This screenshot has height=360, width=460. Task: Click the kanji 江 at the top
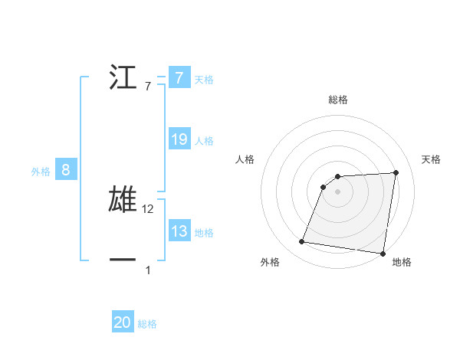(123, 77)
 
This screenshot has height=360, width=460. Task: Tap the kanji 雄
(123, 198)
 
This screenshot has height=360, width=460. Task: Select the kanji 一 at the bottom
(123, 260)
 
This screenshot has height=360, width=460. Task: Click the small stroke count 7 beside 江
(148, 87)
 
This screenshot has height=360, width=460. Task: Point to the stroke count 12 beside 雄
(149, 209)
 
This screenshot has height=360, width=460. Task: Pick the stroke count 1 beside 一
(148, 270)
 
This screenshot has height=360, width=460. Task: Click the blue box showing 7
(179, 78)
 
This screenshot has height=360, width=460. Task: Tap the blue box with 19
(179, 139)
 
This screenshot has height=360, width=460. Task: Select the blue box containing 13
(179, 231)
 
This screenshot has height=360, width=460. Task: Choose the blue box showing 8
(66, 170)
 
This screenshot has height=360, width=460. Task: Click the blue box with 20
(123, 323)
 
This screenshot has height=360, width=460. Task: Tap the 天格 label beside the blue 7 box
(204, 79)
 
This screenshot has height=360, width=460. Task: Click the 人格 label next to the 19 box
(204, 140)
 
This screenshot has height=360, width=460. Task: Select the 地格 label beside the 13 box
(204, 232)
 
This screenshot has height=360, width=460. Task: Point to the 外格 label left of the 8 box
(41, 172)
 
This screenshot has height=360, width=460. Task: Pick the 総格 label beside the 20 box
(147, 324)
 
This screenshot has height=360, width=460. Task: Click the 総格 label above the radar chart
(337, 100)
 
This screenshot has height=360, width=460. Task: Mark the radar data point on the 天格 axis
(396, 172)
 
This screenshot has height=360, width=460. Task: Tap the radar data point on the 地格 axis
(383, 254)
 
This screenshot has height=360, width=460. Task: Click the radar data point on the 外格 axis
(302, 242)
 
